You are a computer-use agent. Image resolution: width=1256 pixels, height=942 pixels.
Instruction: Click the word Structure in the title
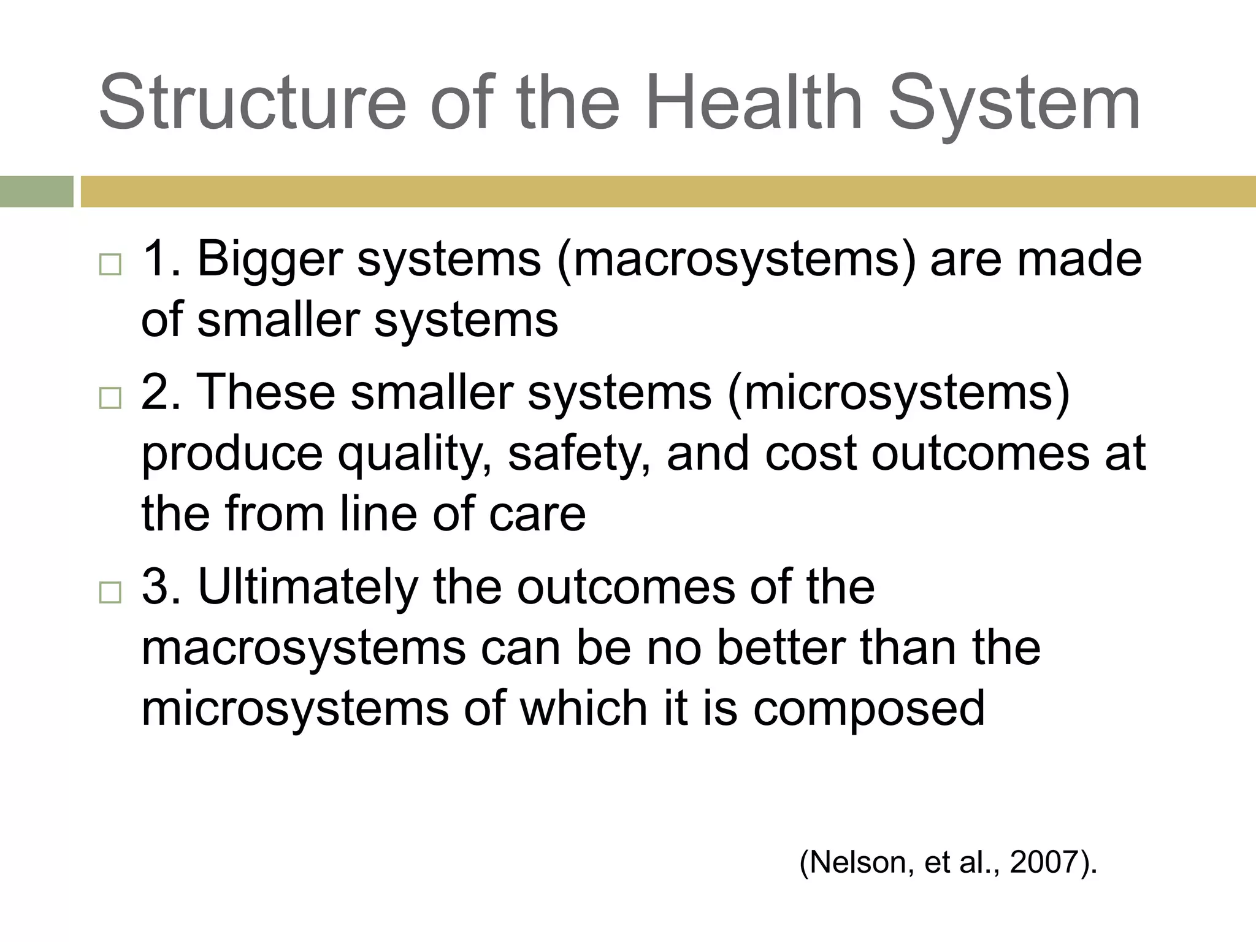click(x=252, y=102)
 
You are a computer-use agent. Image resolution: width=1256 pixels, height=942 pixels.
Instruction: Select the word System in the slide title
click(x=1014, y=102)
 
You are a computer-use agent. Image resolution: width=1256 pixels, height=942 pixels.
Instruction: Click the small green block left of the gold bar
click(x=36, y=192)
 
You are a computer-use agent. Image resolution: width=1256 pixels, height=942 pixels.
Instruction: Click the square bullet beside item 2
click(x=110, y=398)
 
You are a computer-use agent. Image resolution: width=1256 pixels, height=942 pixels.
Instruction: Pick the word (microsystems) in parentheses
click(x=898, y=393)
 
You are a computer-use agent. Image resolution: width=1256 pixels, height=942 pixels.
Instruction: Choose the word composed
click(x=868, y=709)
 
